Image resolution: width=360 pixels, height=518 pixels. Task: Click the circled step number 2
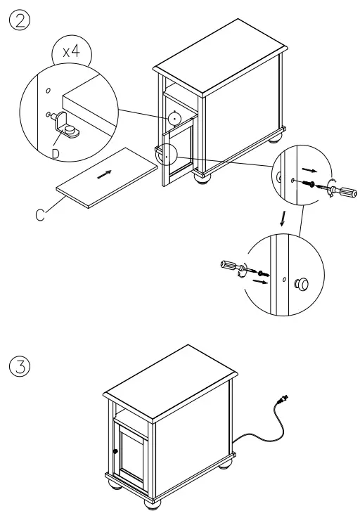click(19, 17)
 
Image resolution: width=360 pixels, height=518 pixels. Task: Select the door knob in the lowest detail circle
click(302, 284)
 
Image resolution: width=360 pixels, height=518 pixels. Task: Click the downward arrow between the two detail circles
click(283, 219)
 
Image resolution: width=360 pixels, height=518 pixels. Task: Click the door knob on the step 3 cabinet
click(115, 452)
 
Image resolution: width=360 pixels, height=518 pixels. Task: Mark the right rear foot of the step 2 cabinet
click(276, 138)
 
